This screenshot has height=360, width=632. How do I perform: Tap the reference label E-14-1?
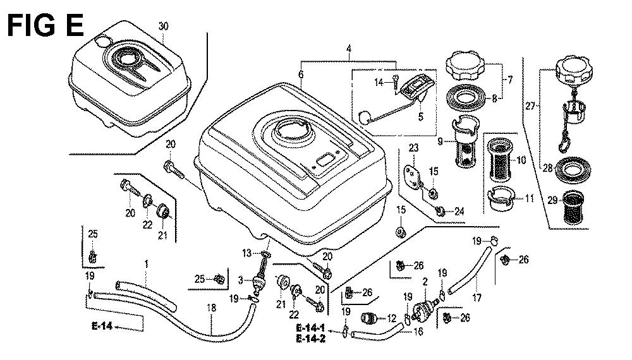[310, 329]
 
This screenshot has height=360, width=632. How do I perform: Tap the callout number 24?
[459, 211]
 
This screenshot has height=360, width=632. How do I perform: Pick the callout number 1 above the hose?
[146, 263]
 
